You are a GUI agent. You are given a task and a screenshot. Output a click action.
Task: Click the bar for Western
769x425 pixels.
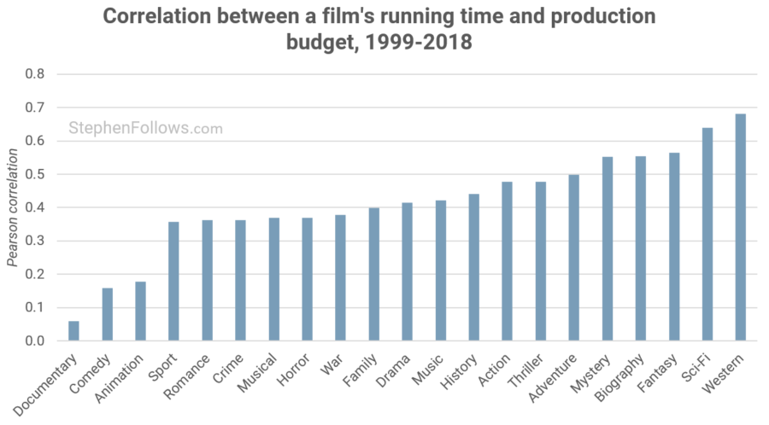coord(740,227)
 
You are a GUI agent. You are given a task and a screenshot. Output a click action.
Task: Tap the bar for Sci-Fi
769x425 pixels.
coord(707,234)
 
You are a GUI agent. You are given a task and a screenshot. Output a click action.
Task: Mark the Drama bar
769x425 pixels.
coord(407,271)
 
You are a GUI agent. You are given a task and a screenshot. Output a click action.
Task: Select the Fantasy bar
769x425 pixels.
coord(673,247)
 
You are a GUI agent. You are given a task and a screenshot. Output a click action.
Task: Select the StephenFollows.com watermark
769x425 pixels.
coord(145,129)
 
